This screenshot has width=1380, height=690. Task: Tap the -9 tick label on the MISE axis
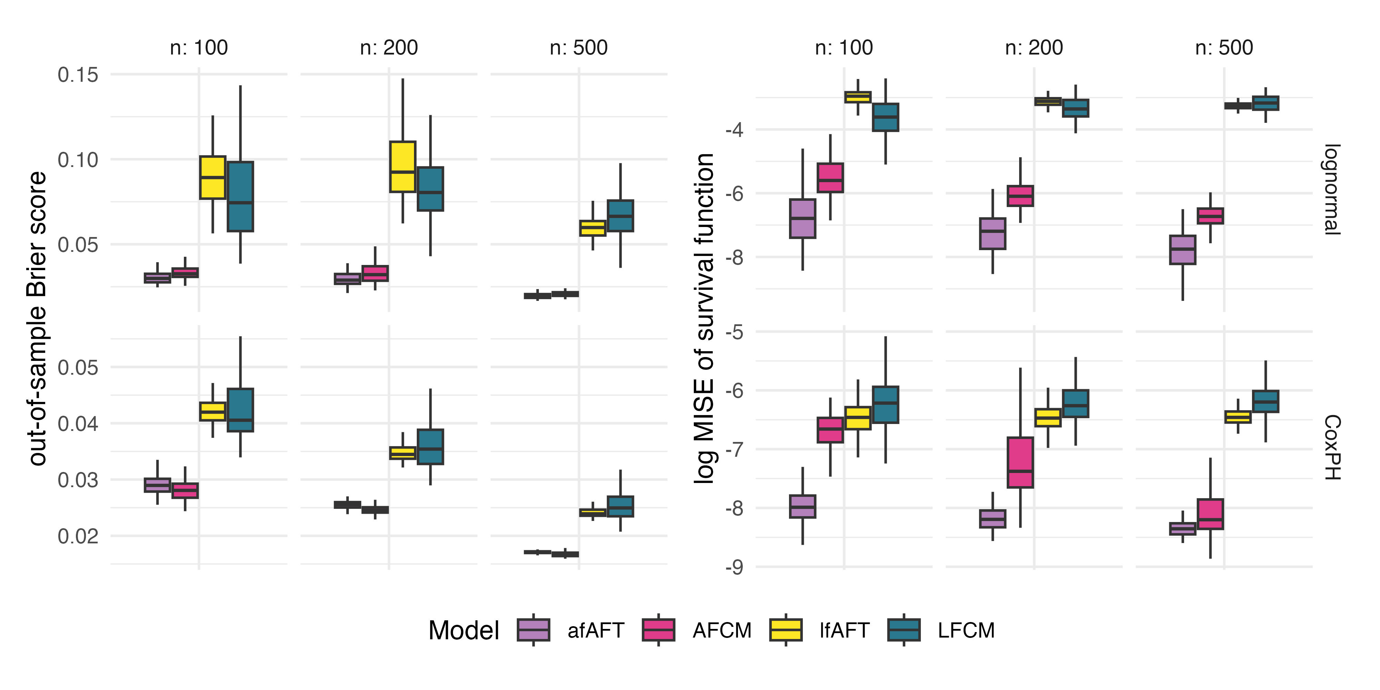pyautogui.click(x=734, y=567)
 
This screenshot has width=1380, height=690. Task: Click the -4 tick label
pyautogui.click(x=734, y=130)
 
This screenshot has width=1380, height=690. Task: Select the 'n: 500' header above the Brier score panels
pyautogui.click(x=579, y=48)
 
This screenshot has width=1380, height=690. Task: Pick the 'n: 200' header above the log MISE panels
pyautogui.click(x=1034, y=48)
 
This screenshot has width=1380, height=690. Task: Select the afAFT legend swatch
pyautogui.click(x=534, y=630)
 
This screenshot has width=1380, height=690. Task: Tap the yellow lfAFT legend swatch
pyautogui.click(x=786, y=630)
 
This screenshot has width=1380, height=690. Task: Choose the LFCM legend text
pyautogui.click(x=966, y=631)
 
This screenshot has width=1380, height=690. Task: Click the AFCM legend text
pyautogui.click(x=722, y=631)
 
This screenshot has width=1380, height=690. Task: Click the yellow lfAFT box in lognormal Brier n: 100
pyautogui.click(x=213, y=177)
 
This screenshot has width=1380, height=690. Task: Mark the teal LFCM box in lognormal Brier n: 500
pyautogui.click(x=620, y=216)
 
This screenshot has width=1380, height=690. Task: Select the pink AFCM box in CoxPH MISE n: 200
pyautogui.click(x=1020, y=462)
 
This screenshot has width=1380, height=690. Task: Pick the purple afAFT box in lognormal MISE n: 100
pyautogui.click(x=802, y=219)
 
